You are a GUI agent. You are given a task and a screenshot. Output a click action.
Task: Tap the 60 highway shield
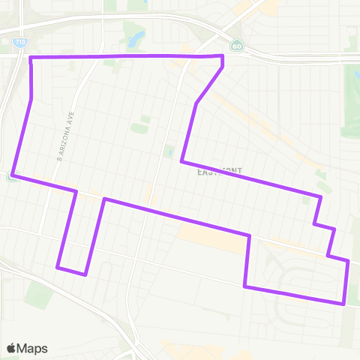tap(237, 45)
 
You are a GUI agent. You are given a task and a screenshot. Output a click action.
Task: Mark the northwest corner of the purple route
tap(30, 58)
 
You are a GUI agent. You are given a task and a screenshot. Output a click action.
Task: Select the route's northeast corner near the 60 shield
tap(223, 56)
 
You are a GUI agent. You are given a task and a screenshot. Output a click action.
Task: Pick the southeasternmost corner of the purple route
tap(343, 304)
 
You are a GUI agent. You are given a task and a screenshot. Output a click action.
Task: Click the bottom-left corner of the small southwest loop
tap(58, 266)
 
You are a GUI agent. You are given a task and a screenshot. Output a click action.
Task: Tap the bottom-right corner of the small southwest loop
tap(85, 274)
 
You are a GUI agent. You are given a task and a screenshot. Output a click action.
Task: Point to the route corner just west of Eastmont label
tap(181, 161)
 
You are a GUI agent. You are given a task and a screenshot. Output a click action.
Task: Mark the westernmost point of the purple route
tap(13, 175)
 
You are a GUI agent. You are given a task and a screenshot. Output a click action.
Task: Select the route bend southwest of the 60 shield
tap(196, 103)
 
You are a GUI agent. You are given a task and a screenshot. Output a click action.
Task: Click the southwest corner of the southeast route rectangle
tap(245, 286)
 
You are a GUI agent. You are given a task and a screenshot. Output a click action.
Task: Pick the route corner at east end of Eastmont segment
tap(321, 197)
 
